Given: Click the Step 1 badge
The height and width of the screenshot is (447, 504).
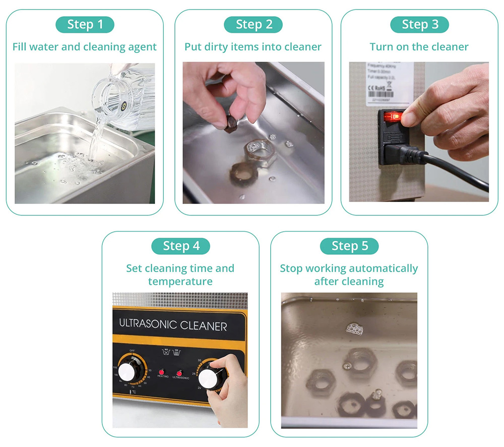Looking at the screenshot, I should tap(85, 24).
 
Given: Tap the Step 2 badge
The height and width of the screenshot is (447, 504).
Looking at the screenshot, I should tap(253, 24).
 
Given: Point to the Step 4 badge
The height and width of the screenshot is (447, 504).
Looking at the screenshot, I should tap(181, 246).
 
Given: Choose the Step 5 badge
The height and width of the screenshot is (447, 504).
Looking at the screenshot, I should tap(349, 246).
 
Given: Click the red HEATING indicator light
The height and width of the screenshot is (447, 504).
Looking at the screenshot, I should tap(163, 370).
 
